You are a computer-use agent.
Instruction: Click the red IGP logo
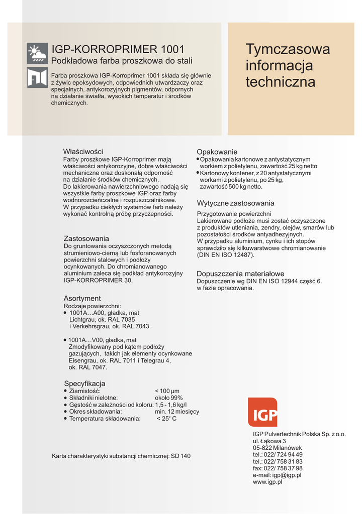pyautogui.click(x=262, y=412)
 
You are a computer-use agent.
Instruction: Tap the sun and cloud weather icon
pyautogui.click(x=37, y=53)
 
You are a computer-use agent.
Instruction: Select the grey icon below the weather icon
pyautogui.click(x=37, y=77)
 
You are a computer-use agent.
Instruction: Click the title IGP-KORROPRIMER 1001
pyautogui.click(x=118, y=50)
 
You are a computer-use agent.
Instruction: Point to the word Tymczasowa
pyautogui.click(x=288, y=49)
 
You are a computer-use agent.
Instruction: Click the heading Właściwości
pyautogui.click(x=83, y=151)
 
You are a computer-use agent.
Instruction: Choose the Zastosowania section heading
pyautogui.click(x=86, y=238)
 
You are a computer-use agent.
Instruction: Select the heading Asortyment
pyautogui.click(x=82, y=298)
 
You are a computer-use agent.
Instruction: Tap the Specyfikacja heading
pyautogui.click(x=84, y=383)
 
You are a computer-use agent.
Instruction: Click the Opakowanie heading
pyautogui.click(x=217, y=152)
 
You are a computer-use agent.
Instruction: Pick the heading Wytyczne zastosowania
pyautogui.click(x=235, y=203)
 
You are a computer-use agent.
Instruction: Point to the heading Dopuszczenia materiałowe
pyautogui.click(x=240, y=274)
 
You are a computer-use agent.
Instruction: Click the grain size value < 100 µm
pyautogui.click(x=167, y=391)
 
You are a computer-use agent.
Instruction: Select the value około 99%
pyautogui.click(x=168, y=398)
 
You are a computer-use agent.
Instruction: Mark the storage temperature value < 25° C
pyautogui.click(x=166, y=419)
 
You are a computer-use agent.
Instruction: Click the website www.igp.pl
pyautogui.click(x=267, y=482)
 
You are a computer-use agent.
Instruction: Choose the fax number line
pyautogui.click(x=278, y=468)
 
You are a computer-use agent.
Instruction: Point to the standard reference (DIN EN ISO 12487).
pyautogui.click(x=225, y=255)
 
